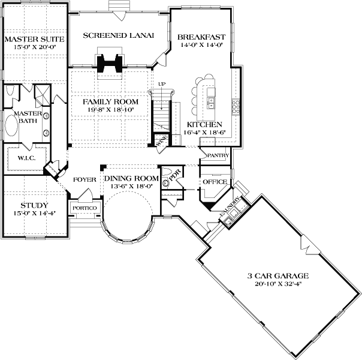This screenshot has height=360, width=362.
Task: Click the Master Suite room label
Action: [34, 39]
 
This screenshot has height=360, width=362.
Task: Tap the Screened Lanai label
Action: [119, 35]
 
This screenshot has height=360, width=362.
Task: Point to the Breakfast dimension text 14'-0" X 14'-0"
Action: [201, 45]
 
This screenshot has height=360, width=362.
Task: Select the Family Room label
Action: [111, 101]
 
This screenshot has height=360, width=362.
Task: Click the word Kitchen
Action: [204, 125]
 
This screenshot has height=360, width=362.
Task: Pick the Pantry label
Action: [218, 155]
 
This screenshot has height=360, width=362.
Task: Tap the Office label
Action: [215, 182]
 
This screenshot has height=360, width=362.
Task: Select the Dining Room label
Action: [132, 178]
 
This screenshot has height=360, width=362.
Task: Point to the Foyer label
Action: [85, 179]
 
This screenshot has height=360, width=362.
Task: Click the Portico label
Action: [85, 208]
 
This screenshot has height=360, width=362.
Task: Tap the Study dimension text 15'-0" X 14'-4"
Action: [35, 213]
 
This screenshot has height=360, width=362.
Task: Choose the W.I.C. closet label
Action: [26, 158]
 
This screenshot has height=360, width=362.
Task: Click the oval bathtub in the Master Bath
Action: [11, 125]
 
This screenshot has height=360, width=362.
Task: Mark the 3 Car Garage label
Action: [278, 275]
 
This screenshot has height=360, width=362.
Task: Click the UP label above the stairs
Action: [162, 84]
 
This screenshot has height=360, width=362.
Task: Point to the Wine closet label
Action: [162, 141]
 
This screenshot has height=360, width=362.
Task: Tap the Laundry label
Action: [230, 206]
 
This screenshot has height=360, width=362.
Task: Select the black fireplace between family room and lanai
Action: [110, 63]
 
